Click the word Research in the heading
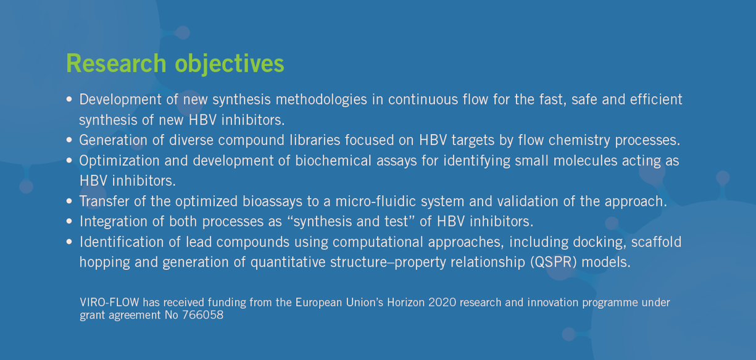116,63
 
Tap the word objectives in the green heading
230,64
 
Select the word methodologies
322,100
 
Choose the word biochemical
333,161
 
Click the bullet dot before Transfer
69,201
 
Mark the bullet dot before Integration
69,222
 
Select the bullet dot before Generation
69,140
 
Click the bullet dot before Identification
69,242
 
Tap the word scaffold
657,242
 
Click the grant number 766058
203,315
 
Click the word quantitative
288,262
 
